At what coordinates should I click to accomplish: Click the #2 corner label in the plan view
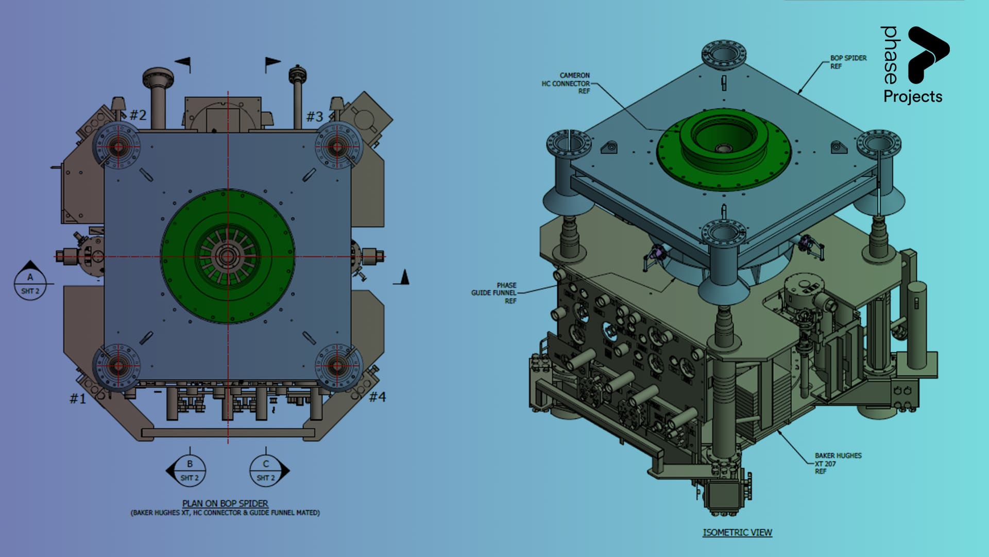[x=138, y=114]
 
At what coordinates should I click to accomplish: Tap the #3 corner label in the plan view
[x=315, y=117]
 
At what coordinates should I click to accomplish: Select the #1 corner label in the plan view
[x=78, y=398]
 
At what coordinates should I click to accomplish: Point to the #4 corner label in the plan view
[x=378, y=397]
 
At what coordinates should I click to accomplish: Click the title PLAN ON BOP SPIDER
[x=225, y=503]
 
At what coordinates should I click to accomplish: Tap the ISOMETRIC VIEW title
[x=737, y=532]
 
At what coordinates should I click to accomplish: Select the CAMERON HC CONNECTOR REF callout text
[x=566, y=83]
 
